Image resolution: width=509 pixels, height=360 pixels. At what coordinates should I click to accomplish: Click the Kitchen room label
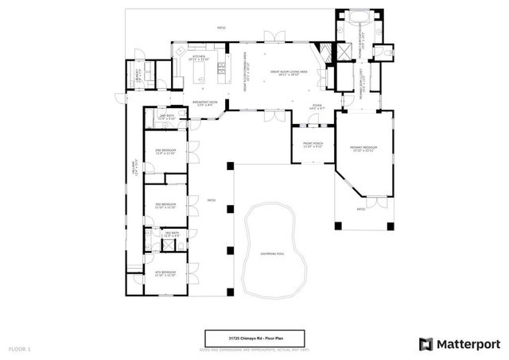coord(199,58)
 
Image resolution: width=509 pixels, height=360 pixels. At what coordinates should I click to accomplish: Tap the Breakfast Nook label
coord(206,103)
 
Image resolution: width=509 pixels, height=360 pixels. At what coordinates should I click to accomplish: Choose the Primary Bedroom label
coord(363,149)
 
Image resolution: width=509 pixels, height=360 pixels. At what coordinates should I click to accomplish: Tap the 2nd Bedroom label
coord(165,151)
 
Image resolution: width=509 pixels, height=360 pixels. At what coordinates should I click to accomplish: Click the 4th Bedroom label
coord(165,273)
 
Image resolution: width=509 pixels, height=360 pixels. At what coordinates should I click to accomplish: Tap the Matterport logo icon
coord(426,343)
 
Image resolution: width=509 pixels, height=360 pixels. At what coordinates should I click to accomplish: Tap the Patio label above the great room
coord(221,28)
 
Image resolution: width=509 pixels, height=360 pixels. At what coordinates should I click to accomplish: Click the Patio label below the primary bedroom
coord(360,210)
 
